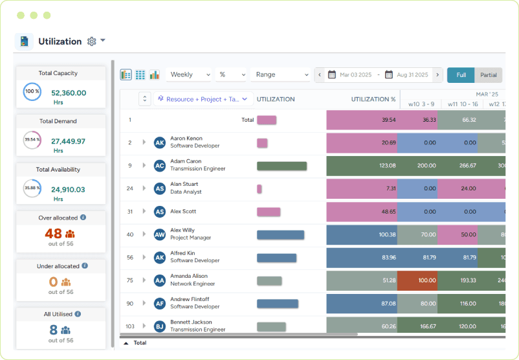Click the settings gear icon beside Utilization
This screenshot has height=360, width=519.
[91, 41]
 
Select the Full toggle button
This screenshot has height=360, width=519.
[461, 75]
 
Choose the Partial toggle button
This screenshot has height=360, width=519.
[489, 75]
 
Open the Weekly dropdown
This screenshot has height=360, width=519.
[188, 75]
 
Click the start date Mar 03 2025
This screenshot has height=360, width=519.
[355, 75]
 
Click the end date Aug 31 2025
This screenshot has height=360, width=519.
[412, 75]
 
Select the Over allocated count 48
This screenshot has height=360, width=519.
[53, 234]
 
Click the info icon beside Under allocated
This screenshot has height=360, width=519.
[85, 265]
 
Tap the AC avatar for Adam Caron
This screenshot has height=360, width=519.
[160, 166]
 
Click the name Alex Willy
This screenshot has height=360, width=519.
[182, 230]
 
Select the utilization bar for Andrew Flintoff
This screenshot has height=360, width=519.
[278, 304]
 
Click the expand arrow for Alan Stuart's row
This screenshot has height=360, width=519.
[144, 188]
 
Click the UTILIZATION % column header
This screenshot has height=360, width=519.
[373, 100]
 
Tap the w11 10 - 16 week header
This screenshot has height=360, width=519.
[461, 104]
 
